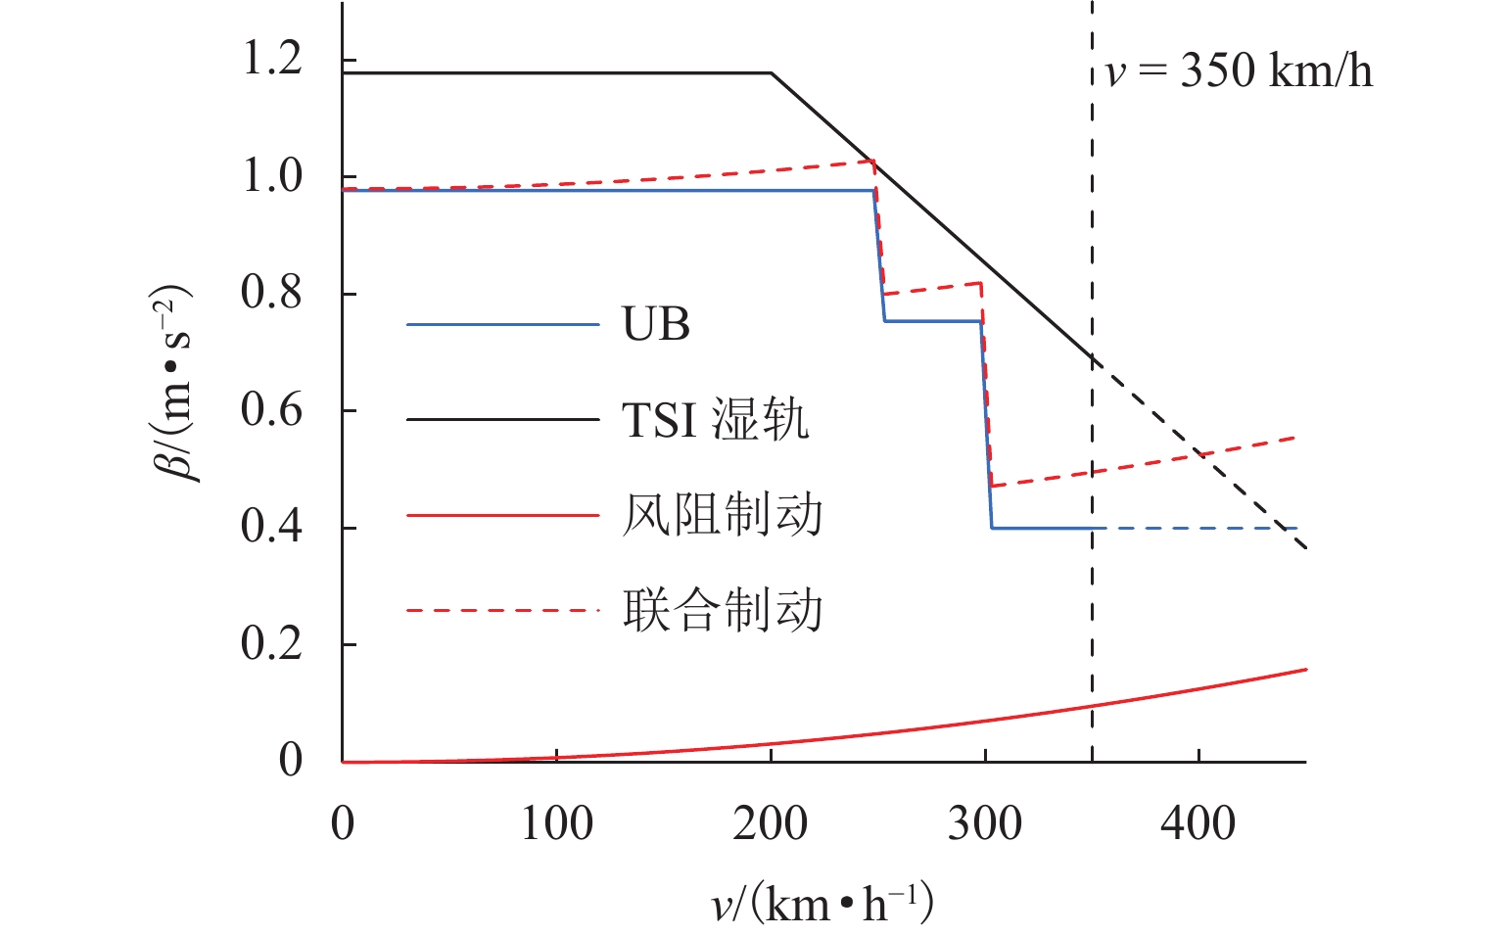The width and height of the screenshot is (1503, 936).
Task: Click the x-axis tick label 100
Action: coord(556,823)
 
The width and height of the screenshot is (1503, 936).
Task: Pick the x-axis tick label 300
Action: coord(984,823)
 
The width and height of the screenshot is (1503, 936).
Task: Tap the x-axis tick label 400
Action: coord(1198,823)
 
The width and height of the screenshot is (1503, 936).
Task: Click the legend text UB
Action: coord(656,324)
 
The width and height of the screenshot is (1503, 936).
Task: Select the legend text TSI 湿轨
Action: coord(716,420)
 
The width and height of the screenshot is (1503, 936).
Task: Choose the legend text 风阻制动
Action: coord(723,515)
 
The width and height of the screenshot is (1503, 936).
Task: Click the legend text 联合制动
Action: coord(723,610)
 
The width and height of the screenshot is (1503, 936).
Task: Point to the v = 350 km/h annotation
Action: coord(1239,71)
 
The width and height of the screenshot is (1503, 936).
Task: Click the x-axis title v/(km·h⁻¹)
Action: coord(822,903)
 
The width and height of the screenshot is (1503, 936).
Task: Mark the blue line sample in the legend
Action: coord(502,324)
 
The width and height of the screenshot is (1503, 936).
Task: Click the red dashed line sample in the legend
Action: coord(502,610)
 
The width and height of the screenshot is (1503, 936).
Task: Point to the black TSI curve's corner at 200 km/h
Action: coord(772,72)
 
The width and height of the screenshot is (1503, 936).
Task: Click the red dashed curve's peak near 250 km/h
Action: coord(871,161)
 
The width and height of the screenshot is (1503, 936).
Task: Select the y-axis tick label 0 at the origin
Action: coord(291,760)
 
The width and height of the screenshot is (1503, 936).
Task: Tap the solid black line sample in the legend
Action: coord(502,419)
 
